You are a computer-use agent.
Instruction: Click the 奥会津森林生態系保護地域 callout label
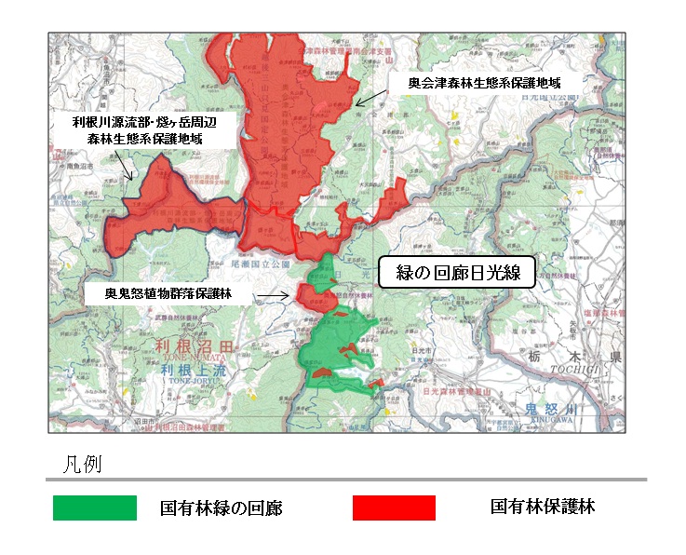485,83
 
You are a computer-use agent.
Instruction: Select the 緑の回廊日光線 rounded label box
455,272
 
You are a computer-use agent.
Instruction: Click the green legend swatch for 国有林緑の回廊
95,508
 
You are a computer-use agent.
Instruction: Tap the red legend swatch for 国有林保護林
394,508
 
